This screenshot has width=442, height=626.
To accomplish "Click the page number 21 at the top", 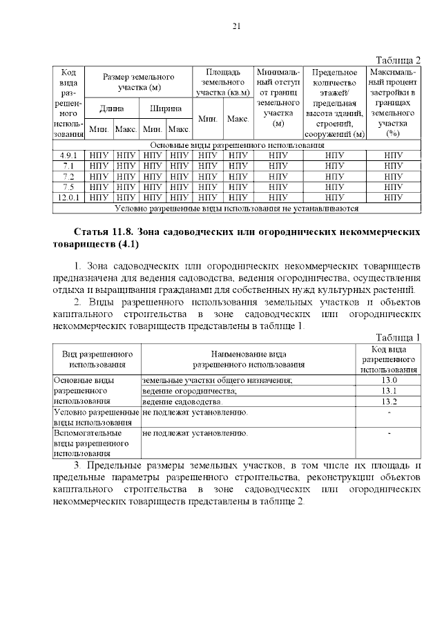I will click(x=236, y=27).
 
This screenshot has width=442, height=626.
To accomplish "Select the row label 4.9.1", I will click(x=68, y=155).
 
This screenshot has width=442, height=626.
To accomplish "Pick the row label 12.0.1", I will click(x=68, y=197).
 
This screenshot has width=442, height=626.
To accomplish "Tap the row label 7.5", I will click(x=68, y=187).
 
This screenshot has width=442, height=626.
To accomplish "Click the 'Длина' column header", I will click(x=111, y=108).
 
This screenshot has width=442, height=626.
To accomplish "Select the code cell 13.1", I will click(x=389, y=391).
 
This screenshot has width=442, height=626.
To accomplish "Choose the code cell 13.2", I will click(x=389, y=401).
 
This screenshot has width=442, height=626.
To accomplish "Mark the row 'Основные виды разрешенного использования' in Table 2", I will click(x=237, y=146).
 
